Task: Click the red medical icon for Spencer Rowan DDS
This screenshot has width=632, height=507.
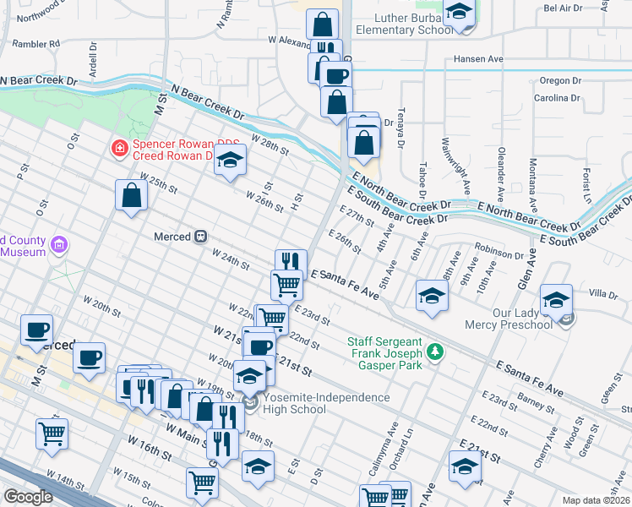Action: pos(120,150)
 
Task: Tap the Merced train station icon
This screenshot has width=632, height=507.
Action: pos(201,237)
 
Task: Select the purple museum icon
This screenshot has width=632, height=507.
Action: pos(58,246)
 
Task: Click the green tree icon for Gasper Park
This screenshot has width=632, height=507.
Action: pos(435,351)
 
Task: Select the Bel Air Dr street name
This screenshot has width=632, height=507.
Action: pos(564,8)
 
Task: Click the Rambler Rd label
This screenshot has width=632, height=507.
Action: pos(36,42)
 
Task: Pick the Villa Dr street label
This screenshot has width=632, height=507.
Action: pos(603,293)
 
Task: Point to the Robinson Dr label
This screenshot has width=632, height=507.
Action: pos(499,253)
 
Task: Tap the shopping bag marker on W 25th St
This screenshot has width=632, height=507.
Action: pos(133,195)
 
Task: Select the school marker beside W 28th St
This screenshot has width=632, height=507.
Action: pos(229,161)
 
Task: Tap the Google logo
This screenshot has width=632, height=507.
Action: pos(28,497)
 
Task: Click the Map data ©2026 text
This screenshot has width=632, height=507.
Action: pos(597,500)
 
